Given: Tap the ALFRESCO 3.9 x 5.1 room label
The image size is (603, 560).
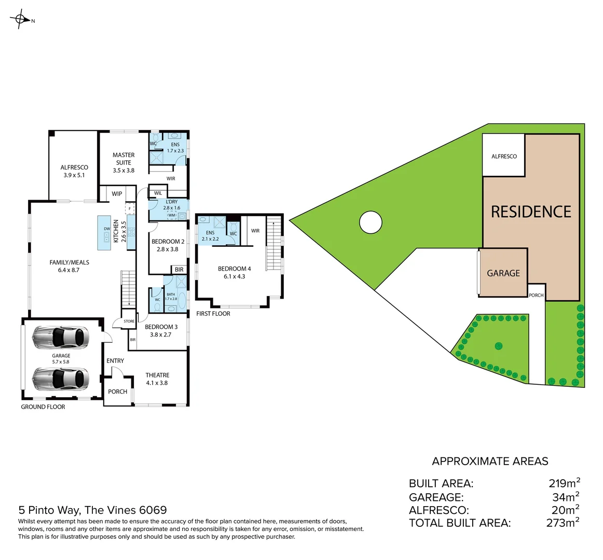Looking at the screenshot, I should [x=74, y=171].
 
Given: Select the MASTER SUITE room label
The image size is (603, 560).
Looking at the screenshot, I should [x=124, y=162].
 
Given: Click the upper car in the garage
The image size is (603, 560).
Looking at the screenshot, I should [x=60, y=337].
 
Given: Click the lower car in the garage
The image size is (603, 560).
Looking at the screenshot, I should [x=60, y=379].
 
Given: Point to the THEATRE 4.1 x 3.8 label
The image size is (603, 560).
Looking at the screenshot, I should [x=157, y=379].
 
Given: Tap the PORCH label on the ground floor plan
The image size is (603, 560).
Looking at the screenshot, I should [x=118, y=391].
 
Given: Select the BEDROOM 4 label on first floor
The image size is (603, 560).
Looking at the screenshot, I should [x=234, y=272].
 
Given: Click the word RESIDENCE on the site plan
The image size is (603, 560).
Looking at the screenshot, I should [x=531, y=212].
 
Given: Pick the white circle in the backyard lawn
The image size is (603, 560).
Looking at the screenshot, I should [x=371, y=222].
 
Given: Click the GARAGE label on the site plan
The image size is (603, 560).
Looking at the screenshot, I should [x=503, y=273].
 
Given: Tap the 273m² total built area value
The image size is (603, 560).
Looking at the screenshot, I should [x=563, y=523].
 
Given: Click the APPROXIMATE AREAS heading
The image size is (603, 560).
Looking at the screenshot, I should [x=490, y=461].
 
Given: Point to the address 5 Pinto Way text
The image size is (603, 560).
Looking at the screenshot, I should [x=92, y=510].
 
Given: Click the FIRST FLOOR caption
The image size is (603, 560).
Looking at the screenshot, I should [x=213, y=314].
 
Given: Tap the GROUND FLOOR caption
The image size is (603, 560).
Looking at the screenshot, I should [x=43, y=407].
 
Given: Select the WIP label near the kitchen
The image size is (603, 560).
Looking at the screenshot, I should [x=117, y=194].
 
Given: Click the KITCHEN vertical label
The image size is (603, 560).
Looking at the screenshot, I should [x=116, y=231].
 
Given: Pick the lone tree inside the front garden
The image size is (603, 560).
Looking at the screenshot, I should [x=499, y=346].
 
